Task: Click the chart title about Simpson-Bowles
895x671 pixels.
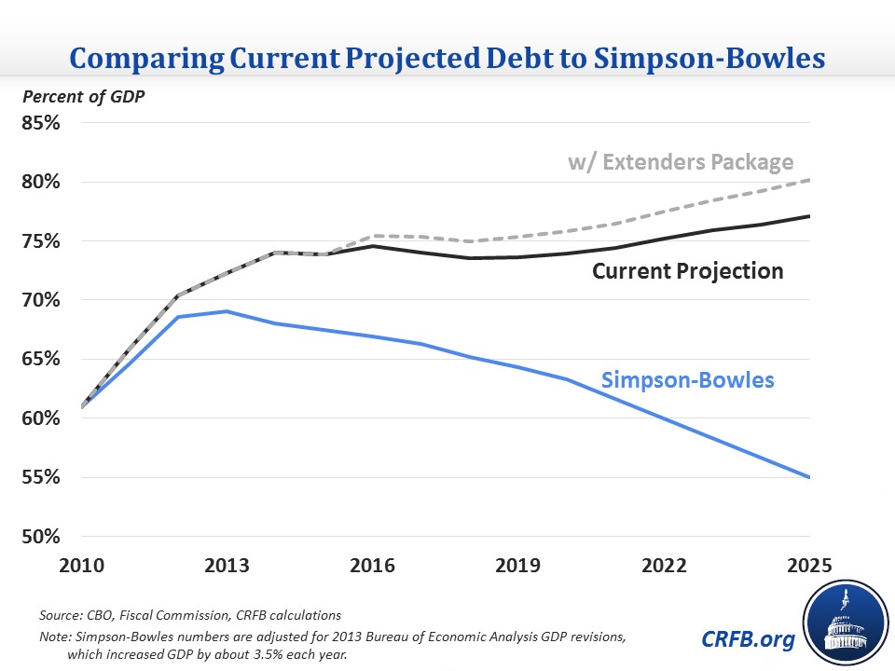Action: point(447,58)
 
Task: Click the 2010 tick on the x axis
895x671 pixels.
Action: point(82,566)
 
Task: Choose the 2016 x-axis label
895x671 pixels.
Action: point(372,566)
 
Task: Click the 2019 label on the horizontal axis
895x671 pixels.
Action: point(517,566)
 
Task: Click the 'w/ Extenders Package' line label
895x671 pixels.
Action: point(681,161)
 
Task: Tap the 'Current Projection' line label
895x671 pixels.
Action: point(688,271)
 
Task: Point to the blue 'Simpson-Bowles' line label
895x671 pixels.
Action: point(688,380)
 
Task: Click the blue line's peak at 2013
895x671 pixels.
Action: point(227,311)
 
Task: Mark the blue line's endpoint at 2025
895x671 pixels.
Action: point(808,477)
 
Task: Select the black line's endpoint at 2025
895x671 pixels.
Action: point(808,216)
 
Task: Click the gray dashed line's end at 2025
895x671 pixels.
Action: point(808,180)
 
